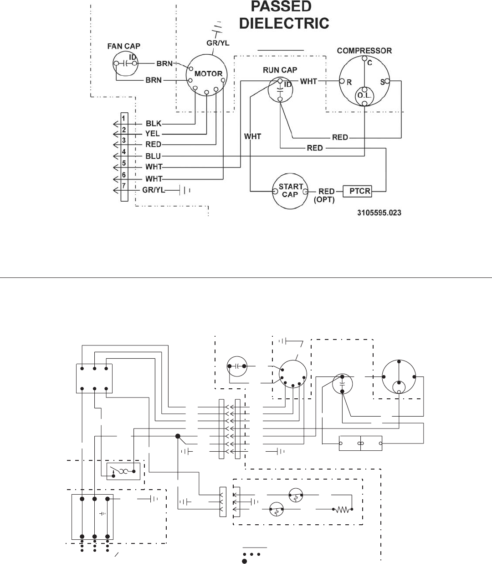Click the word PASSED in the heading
pyautogui.click(x=281, y=6)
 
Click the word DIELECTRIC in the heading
pyautogui.click(x=284, y=23)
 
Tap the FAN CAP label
pyautogui.click(x=124, y=46)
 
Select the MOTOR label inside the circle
pyautogui.click(x=208, y=74)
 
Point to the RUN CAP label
pyautogui.click(x=280, y=70)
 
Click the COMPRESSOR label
pyautogui.click(x=364, y=51)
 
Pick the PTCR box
pyautogui.click(x=357, y=191)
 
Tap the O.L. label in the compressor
pyautogui.click(x=364, y=96)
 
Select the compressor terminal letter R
pyautogui.click(x=349, y=83)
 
